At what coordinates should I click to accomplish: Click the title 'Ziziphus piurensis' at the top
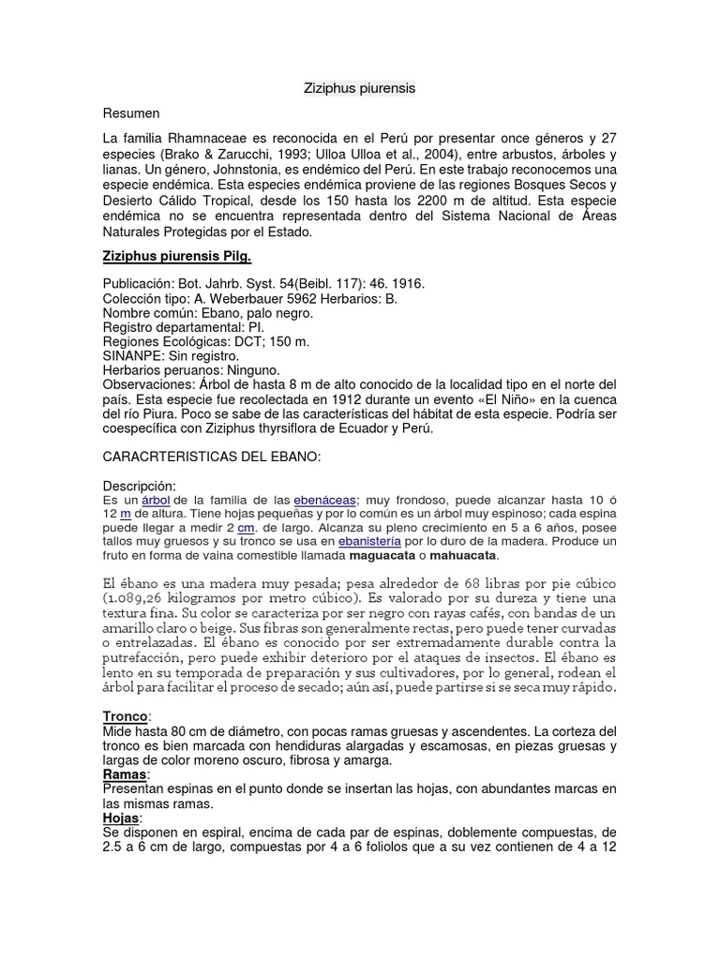[x=359, y=88]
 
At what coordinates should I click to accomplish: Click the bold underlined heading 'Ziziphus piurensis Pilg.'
[x=177, y=256]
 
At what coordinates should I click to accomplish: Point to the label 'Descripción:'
[x=140, y=486]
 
